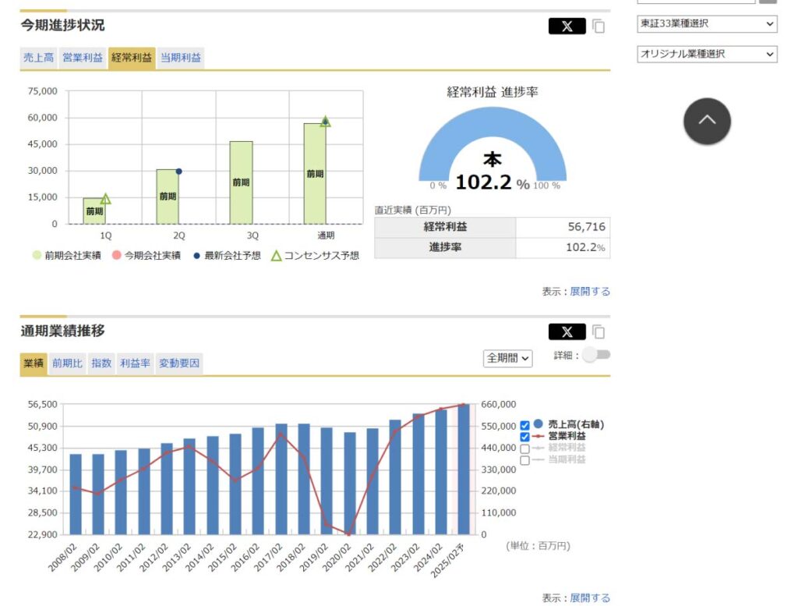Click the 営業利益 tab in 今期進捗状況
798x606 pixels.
point(83,58)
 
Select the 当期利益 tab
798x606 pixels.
point(181,58)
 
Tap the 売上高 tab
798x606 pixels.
point(39,58)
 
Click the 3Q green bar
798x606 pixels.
point(242,183)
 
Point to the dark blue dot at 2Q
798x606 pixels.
point(178,172)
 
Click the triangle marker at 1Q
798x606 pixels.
point(105,199)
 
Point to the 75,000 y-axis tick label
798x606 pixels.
point(43,91)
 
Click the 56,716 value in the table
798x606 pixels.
point(586,227)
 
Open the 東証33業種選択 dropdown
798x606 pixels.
point(707,23)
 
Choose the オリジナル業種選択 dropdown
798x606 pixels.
point(707,54)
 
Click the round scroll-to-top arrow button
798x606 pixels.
point(707,121)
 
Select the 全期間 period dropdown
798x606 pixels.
point(507,358)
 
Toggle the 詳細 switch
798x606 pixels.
point(596,355)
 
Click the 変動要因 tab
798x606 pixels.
point(179,363)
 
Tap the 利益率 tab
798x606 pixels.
point(135,363)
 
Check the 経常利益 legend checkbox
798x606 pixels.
point(524,448)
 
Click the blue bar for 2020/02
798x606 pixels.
point(350,484)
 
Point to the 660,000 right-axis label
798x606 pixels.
point(499,404)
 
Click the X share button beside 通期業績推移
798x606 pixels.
point(567,332)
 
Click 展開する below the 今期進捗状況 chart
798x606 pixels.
point(590,291)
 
